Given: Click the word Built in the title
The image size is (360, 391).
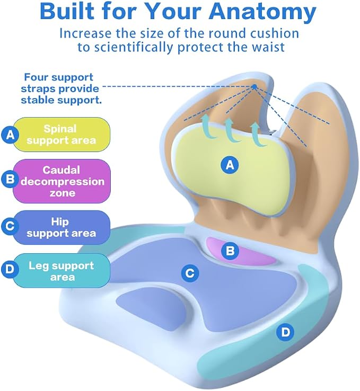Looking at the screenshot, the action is coord(67,11).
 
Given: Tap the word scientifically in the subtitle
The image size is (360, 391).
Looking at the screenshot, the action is coord(133,47).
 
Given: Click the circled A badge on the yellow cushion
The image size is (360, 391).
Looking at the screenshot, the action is coord(230,165).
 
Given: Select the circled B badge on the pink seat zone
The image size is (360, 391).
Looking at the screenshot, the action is coord(230,251).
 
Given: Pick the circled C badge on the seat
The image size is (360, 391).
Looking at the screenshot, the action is coord(190,273).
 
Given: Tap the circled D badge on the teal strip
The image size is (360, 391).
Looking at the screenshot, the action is coord(285,332).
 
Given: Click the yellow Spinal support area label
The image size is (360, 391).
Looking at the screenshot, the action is coord(62,135).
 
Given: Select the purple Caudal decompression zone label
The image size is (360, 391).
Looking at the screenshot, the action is coord(62,181).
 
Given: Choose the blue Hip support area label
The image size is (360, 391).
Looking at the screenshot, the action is coord(62,227).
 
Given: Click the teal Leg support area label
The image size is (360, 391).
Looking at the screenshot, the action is coord(62,271).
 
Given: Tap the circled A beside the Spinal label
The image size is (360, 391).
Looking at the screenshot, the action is coord(10,135).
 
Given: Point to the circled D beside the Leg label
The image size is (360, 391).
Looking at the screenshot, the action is coord(10,269).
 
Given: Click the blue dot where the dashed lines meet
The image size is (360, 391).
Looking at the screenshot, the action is coord(254,87).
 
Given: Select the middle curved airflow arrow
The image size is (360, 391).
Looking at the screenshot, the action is coord(231,130).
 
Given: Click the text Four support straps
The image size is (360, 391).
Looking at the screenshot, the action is coord(57,83).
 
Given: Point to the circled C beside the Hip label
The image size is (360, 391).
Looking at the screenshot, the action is coord(10,226).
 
